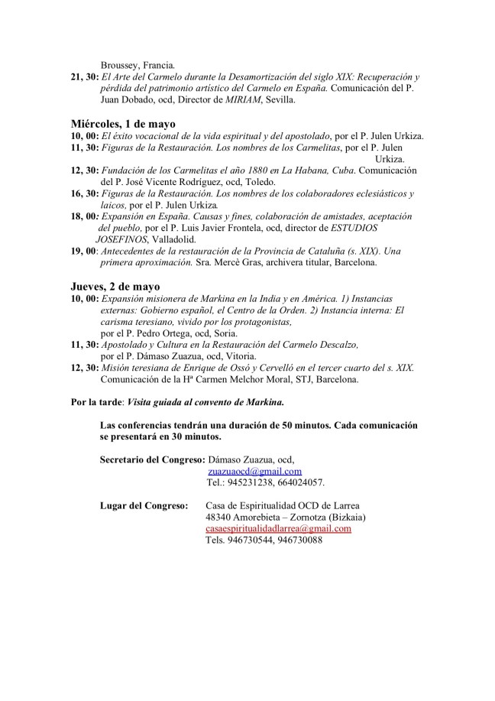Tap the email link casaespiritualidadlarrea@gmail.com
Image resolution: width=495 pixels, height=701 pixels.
coord(278,528)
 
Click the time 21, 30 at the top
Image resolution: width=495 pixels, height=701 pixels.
coord(84,76)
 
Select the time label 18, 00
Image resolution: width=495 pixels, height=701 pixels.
coord(84,216)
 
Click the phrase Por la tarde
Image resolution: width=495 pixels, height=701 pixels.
coord(95,401)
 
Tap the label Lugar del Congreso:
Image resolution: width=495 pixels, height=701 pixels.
coord(144,505)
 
